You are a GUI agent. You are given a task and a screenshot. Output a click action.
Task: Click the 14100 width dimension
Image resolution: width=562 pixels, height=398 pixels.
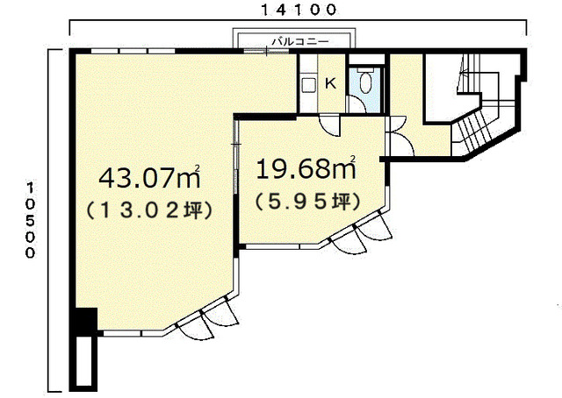tap(299, 10)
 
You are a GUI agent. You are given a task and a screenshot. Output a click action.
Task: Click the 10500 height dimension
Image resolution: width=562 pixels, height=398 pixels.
tap(32, 220)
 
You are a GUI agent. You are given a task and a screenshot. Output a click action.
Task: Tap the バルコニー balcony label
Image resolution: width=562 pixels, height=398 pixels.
tap(300, 41)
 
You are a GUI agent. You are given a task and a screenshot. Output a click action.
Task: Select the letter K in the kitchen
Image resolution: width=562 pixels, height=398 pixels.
tap(330, 84)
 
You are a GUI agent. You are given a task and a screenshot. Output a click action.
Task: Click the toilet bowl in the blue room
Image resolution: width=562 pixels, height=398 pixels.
tap(366, 83)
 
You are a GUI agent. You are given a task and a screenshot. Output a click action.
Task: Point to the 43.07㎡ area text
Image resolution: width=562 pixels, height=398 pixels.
tap(149, 177)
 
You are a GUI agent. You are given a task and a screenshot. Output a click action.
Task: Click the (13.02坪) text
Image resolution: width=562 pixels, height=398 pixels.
tap(149, 210)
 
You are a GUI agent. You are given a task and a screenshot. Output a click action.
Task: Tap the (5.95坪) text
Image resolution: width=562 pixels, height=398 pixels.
tap(307, 203)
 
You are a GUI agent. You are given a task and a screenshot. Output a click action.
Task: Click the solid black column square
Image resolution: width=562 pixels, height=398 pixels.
tap(86, 321)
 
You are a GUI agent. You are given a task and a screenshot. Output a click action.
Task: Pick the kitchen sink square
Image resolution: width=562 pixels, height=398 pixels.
tap(308, 85)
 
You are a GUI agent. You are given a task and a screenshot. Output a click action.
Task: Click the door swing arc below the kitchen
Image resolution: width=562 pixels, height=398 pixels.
tap(330, 126)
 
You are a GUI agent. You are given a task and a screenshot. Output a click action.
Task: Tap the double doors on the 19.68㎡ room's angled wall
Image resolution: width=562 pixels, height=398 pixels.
tap(361, 232)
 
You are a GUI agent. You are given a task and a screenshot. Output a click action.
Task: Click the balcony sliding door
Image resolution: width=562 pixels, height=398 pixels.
tap(266, 52)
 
